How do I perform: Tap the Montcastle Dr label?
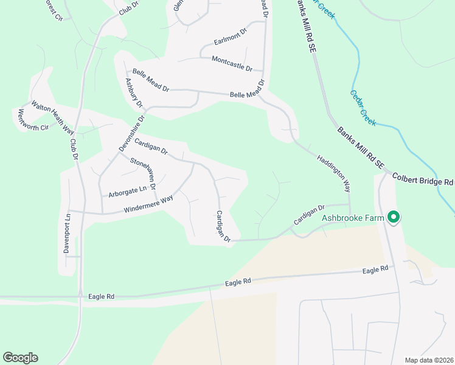pyautogui.click(x=232, y=63)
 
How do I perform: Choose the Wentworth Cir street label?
pyautogui.click(x=32, y=120)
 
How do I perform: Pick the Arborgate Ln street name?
pyautogui.click(x=128, y=192)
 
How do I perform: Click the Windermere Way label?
pyautogui.click(x=148, y=203)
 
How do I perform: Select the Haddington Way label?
pyautogui.click(x=334, y=173)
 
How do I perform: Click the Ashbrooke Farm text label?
pyautogui.click(x=353, y=218)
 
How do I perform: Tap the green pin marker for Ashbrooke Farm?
pyautogui.click(x=394, y=217)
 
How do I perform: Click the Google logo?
pyautogui.click(x=20, y=358)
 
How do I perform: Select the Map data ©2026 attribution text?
pyautogui.click(x=429, y=360)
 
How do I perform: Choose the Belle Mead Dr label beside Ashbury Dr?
pyautogui.click(x=147, y=80)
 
